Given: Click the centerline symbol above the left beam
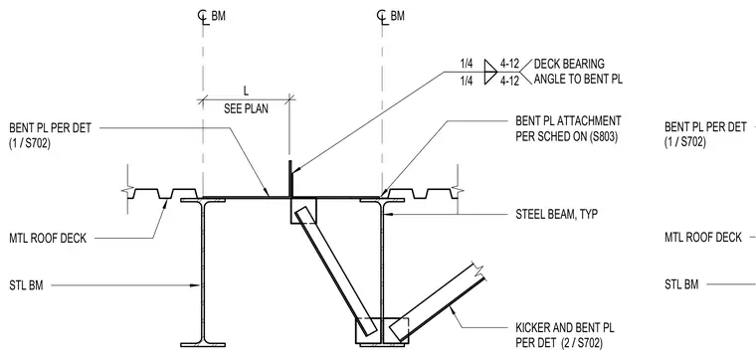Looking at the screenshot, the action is pyautogui.click(x=203, y=16).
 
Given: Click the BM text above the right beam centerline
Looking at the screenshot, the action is pyautogui.click(x=398, y=16).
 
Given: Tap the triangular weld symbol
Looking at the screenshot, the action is pyautogui.click(x=489, y=72).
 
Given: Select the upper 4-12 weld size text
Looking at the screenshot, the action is pyautogui.click(x=509, y=64).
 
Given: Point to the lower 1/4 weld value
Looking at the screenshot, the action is pyautogui.click(x=467, y=81).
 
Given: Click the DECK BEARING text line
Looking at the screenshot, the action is pyautogui.click(x=569, y=64).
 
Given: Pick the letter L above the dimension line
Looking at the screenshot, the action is pyautogui.click(x=246, y=91).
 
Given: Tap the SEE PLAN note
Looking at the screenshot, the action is pyautogui.click(x=246, y=108).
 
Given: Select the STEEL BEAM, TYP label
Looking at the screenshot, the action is pyautogui.click(x=557, y=215).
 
